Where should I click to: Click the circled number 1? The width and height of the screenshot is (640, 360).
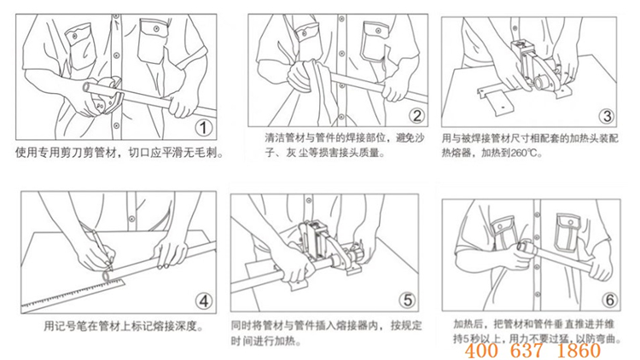[x=203, y=128]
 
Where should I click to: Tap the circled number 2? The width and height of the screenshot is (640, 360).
[x=416, y=116]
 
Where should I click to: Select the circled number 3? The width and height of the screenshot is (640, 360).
[x=607, y=116]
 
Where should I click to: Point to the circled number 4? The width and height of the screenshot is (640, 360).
[x=204, y=302]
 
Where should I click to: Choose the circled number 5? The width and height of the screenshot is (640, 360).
[x=407, y=300]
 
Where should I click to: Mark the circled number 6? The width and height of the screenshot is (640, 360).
[x=610, y=300]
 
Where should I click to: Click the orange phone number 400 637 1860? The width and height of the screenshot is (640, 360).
[x=532, y=351]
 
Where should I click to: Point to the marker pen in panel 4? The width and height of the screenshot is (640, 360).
[x=102, y=248]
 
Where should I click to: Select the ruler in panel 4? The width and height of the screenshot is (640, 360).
[x=73, y=293]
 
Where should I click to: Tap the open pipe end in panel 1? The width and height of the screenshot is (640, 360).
[x=86, y=87]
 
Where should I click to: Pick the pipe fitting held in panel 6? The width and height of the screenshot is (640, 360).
[x=525, y=247]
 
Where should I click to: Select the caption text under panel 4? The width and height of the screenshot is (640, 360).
[x=124, y=327]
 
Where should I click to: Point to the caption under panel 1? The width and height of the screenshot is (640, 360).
[x=119, y=153]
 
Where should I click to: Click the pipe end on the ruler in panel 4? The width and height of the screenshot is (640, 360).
[x=107, y=276]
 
